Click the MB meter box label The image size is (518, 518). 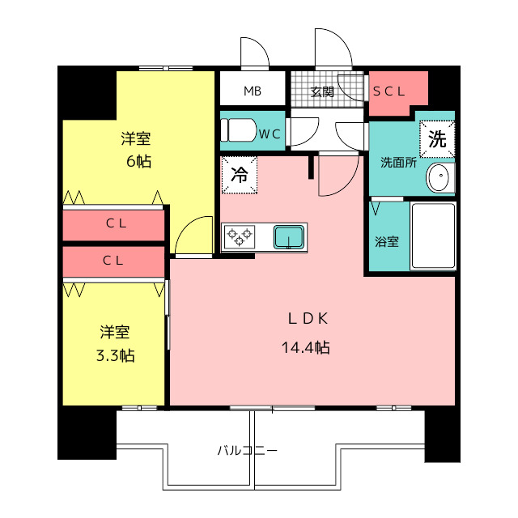click(253, 91)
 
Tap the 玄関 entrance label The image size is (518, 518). click(322, 91)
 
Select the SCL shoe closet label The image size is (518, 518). click(388, 91)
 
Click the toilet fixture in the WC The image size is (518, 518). click(238, 130)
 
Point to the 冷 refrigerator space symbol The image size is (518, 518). click(240, 175)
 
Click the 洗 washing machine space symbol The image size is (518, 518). click(437, 139)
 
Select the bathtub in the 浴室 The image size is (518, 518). click(433, 236)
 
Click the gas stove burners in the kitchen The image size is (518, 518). click(240, 236)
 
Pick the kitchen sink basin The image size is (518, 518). click(289, 237)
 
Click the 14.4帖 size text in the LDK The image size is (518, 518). click(306, 347)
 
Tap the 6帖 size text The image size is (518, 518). click(138, 162)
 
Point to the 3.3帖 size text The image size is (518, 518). click(115, 356)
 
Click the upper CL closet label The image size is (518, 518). click(116, 223)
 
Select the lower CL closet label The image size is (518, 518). click(113, 261)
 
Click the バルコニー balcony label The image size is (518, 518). click(247, 450)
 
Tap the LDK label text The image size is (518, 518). click(308, 318)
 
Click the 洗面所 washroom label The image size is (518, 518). click(398, 163)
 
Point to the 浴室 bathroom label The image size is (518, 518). click(387, 242)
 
